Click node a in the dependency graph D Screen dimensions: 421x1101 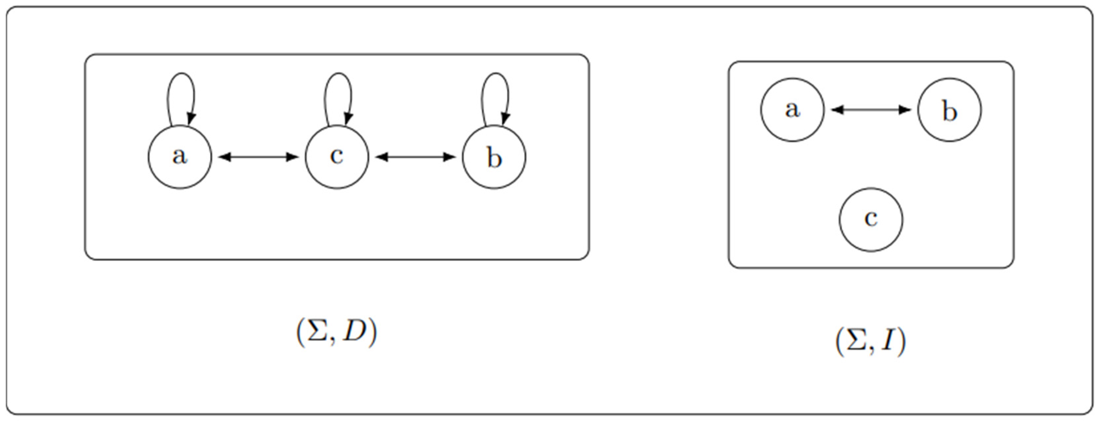click(180, 157)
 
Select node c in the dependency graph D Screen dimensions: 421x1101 click(336, 157)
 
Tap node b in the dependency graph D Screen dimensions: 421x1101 click(494, 157)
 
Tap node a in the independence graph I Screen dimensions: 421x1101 click(791, 109)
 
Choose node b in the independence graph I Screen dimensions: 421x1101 click(949, 109)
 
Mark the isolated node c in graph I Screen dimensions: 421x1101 click(871, 219)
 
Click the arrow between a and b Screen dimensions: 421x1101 click(871, 110)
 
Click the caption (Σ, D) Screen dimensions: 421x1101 click(336, 332)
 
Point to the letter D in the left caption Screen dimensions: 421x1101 click(355, 332)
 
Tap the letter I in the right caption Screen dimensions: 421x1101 click(889, 341)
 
